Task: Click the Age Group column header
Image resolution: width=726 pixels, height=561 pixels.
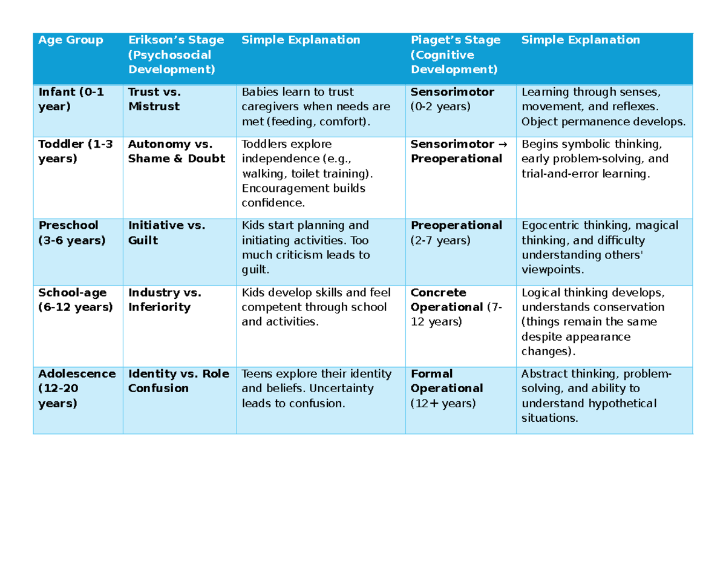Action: pyautogui.click(x=71, y=41)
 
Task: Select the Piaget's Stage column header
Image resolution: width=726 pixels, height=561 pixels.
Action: pyautogui.click(x=456, y=54)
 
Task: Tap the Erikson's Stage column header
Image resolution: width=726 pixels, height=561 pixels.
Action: pyautogui.click(x=175, y=54)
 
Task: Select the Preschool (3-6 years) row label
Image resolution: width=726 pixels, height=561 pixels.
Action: pyautogui.click(x=71, y=233)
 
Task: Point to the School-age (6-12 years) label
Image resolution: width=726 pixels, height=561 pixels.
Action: pyautogui.click(x=75, y=300)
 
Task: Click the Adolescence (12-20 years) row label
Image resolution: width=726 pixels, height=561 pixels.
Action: pyautogui.click(x=76, y=388)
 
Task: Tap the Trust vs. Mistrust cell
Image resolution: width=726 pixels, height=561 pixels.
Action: pyautogui.click(x=154, y=100)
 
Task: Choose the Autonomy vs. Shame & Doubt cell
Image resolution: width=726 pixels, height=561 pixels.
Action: pyautogui.click(x=176, y=151)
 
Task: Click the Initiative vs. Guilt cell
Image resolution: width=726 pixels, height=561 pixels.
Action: pyautogui.click(x=166, y=233)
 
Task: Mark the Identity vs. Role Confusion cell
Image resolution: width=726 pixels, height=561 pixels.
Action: pyautogui.click(x=178, y=381)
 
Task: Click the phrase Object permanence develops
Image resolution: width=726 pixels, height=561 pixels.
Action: pyautogui.click(x=604, y=122)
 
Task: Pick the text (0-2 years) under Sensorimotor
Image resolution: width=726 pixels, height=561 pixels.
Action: pyautogui.click(x=440, y=107)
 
